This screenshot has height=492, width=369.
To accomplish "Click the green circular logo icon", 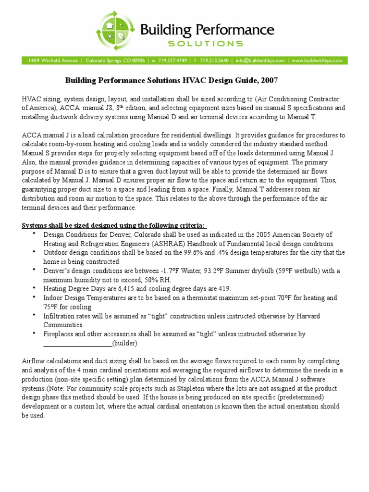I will pos(116,31).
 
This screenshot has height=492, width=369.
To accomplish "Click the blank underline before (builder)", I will pos(77,343).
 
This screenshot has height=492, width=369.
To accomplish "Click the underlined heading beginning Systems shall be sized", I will pos(114,226).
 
